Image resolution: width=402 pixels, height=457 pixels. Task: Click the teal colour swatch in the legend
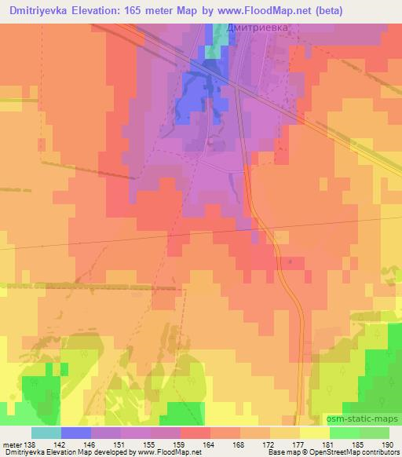46,433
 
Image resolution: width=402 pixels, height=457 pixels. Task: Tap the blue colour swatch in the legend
76,433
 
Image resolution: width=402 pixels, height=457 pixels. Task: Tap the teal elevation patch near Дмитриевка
213,39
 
